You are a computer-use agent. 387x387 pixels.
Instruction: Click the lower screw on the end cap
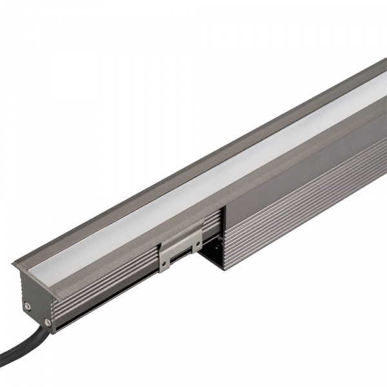point(46,321)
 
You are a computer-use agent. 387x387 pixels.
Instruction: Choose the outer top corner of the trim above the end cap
point(12,264)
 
